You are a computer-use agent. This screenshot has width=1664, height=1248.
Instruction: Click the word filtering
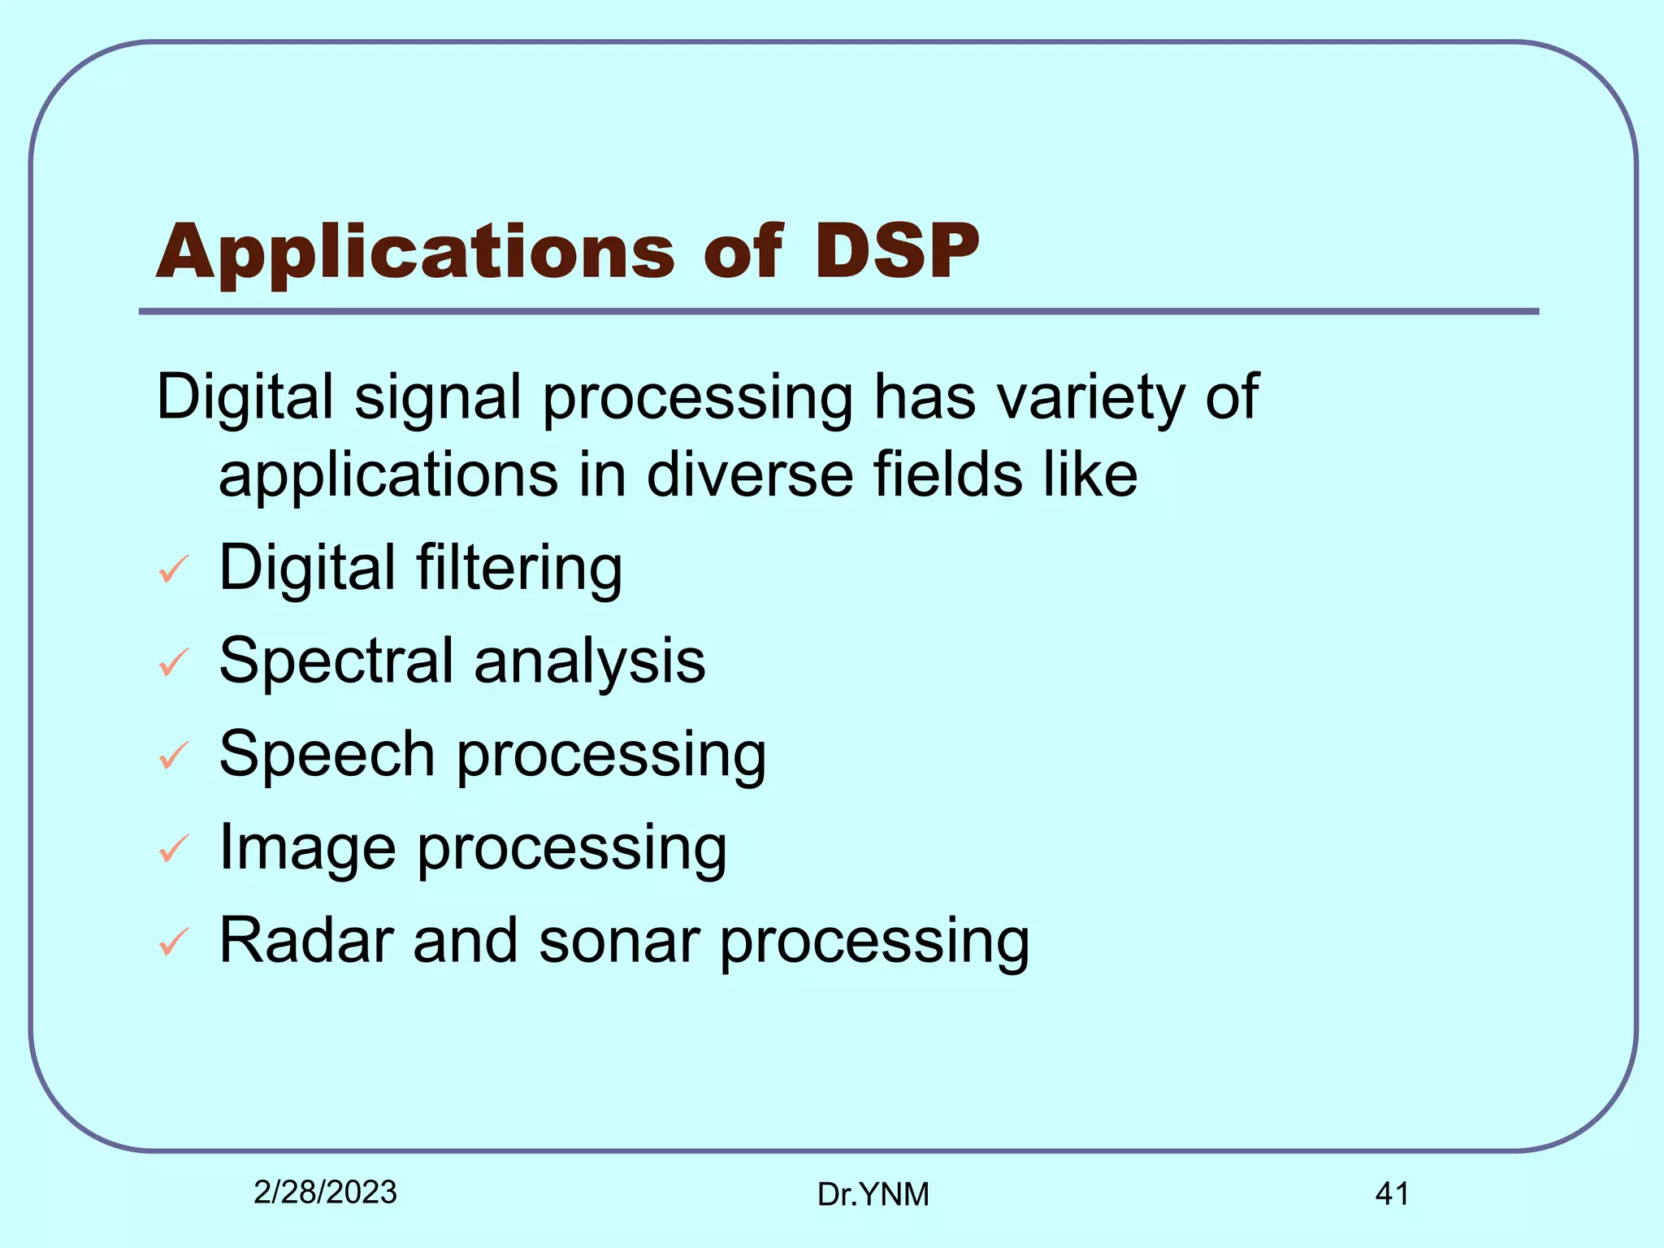tap(519, 569)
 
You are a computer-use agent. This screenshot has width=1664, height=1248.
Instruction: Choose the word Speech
tap(327, 755)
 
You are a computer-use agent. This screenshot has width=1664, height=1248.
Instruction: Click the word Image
tap(308, 849)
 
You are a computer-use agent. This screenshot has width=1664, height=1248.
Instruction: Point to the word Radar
tap(306, 941)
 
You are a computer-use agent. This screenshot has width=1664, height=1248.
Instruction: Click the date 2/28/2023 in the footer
tap(325, 1192)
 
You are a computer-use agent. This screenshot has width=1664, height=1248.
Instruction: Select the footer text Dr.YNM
tap(873, 1194)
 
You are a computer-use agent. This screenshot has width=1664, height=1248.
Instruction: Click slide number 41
tap(1392, 1194)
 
